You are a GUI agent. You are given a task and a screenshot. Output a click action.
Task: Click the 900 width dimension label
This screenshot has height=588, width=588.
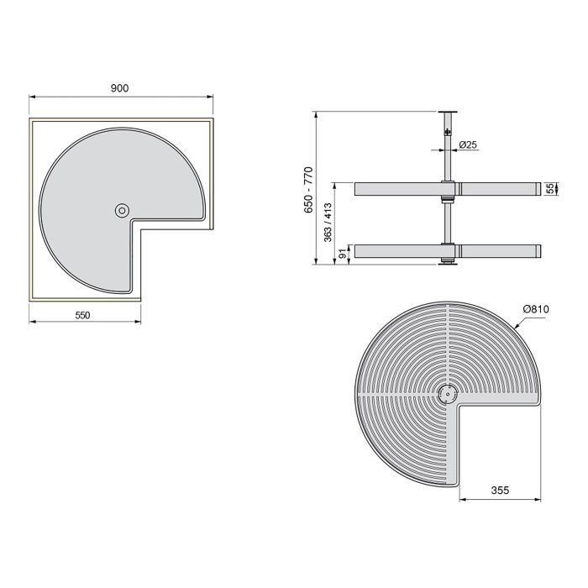[x=119, y=88]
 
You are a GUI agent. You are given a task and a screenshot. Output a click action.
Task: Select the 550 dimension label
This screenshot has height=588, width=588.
[x=81, y=315]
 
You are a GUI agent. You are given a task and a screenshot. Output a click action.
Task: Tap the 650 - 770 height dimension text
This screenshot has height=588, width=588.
[x=308, y=190]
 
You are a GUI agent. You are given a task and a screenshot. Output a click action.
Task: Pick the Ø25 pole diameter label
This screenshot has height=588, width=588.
[x=469, y=145]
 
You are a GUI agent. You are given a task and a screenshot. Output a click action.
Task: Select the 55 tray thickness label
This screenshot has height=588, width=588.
[x=552, y=190]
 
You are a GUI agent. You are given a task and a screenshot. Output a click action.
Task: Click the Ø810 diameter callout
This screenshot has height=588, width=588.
[x=535, y=310]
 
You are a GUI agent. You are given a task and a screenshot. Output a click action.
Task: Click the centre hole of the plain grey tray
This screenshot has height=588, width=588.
[x=123, y=210]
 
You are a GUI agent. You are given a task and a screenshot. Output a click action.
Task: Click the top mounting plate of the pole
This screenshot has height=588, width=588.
[x=448, y=112]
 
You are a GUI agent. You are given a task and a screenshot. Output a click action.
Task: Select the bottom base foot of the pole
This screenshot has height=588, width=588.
[x=448, y=265]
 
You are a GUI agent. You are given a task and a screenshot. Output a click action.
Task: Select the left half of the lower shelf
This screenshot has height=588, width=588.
[x=398, y=251]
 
